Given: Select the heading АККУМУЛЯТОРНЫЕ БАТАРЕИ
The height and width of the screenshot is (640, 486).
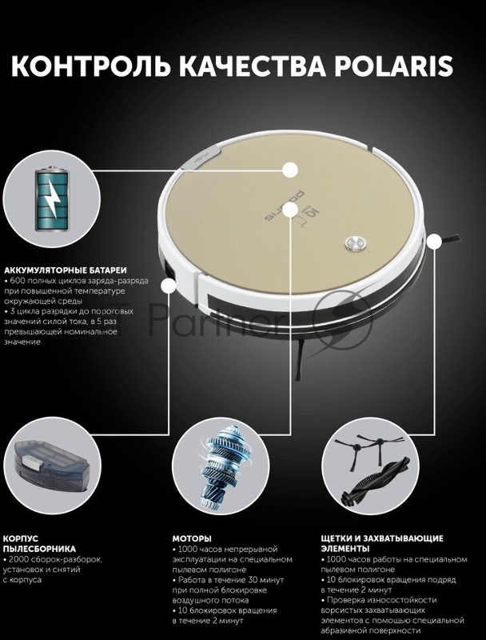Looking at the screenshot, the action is pyautogui.click(x=66, y=270).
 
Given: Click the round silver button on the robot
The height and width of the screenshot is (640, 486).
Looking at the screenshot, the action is pyautogui.click(x=355, y=243).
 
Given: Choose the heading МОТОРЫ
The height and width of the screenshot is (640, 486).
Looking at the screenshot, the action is pyautogui.click(x=192, y=538).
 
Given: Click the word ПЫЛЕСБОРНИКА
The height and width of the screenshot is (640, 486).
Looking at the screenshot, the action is pyautogui.click(x=39, y=549).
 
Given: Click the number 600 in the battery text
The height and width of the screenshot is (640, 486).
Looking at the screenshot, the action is pyautogui.click(x=18, y=282).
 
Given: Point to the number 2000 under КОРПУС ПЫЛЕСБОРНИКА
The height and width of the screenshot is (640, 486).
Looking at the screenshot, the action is pyautogui.click(x=19, y=559).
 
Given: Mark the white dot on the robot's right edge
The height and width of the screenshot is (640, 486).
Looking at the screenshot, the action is pyautogui.click(x=435, y=242).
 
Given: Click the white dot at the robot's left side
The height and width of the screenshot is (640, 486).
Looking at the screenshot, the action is pyautogui.click(x=169, y=286).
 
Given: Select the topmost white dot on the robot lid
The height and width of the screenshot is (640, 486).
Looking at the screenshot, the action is pyautogui.click(x=290, y=170).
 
